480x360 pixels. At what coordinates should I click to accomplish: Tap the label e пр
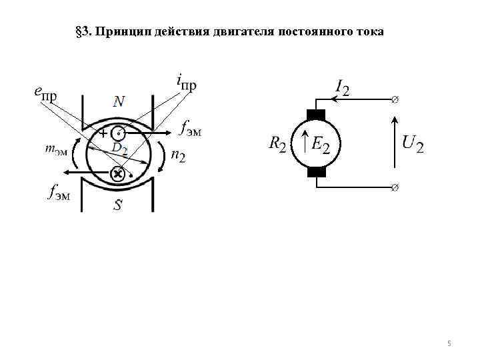pyautogui.click(x=45, y=93)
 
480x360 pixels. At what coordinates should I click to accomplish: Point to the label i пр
pyautogui.click(x=186, y=83)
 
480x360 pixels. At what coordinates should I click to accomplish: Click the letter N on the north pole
pyautogui.click(x=118, y=101)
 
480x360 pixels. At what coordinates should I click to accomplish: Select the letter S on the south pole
pyautogui.click(x=117, y=205)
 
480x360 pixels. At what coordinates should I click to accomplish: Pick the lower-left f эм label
pyautogui.click(x=59, y=193)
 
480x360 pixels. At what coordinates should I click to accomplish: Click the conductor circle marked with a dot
pyautogui.click(x=118, y=133)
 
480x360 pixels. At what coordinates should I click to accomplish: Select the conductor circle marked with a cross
pyautogui.click(x=117, y=174)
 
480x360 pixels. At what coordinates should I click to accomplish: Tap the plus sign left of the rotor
pyautogui.click(x=103, y=134)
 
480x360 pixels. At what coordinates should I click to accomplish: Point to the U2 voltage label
pyautogui.click(x=413, y=143)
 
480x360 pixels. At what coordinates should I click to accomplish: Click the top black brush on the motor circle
pyautogui.click(x=316, y=114)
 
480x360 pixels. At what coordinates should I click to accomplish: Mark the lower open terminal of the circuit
pyautogui.click(x=395, y=187)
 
